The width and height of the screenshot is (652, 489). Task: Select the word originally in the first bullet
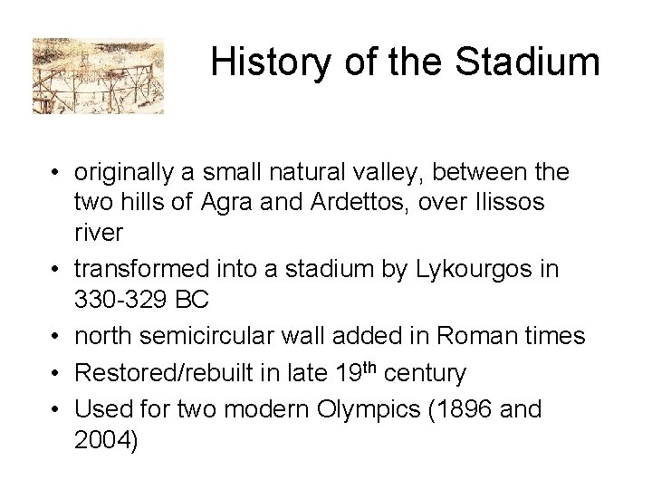click(124, 170)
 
